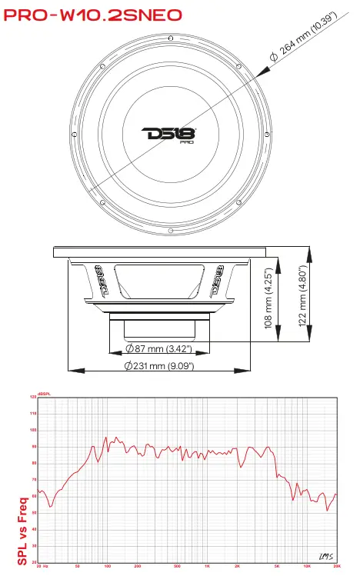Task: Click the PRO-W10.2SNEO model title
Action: tap(92, 14)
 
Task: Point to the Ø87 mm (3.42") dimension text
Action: tap(166, 349)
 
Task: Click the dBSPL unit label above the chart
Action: tap(43, 394)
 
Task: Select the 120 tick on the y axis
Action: tap(33, 398)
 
